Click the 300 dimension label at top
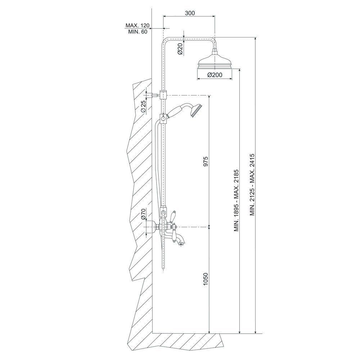[190, 13]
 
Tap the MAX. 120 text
[137, 25]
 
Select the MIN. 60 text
[138, 32]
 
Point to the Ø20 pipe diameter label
[180, 49]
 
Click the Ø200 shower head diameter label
[215, 75]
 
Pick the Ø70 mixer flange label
[144, 214]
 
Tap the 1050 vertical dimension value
[206, 279]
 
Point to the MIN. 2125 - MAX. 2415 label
[253, 185]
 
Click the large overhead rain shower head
[215, 62]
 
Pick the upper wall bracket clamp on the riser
[163, 95]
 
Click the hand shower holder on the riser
[163, 119]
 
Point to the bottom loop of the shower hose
[163, 268]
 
